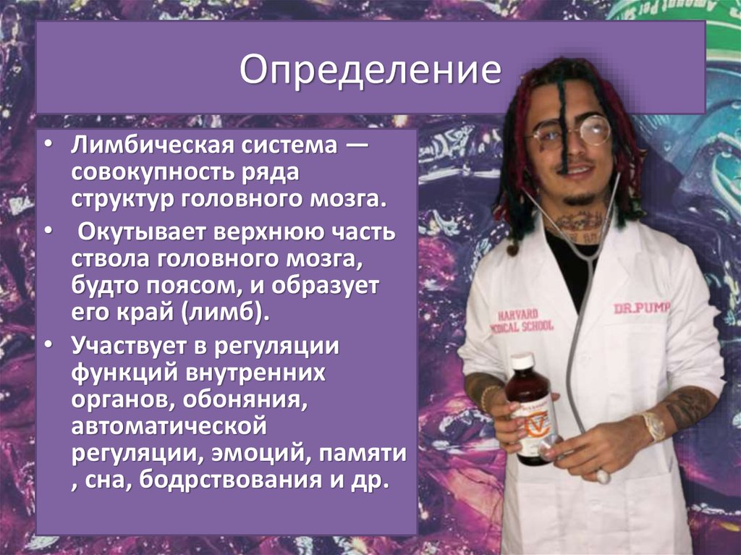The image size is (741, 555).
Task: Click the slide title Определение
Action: (370, 72)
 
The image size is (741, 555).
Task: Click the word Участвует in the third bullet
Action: (126, 347)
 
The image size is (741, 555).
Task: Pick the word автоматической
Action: (165, 427)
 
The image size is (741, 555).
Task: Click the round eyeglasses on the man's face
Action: (572, 133)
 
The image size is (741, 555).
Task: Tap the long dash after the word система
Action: (355, 147)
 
